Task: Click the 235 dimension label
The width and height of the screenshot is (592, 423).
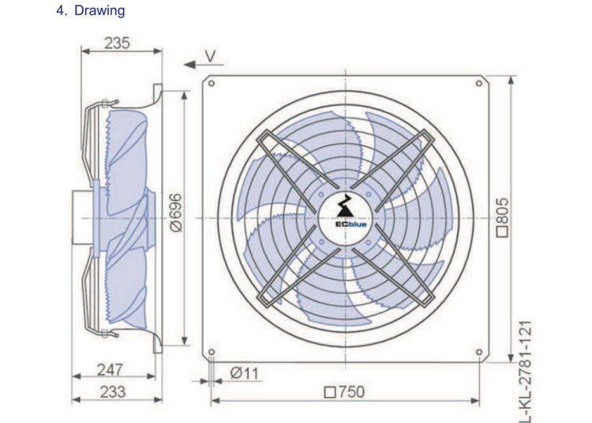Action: click(x=117, y=43)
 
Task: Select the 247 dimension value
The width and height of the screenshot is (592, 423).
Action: click(x=110, y=369)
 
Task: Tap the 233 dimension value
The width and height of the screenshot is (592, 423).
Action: click(x=113, y=391)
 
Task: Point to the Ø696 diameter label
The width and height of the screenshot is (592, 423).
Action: click(x=175, y=213)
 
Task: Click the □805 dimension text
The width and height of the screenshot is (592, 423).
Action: click(x=502, y=217)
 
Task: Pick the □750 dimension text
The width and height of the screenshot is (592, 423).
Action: click(x=345, y=392)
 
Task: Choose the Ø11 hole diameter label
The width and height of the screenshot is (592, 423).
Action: click(x=244, y=373)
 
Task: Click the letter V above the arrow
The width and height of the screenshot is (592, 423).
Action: click(x=211, y=56)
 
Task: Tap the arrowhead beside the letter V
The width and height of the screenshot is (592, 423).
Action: click(x=189, y=65)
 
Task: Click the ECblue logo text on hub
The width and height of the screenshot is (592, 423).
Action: click(x=350, y=225)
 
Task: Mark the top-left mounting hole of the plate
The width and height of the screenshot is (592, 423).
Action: click(x=212, y=83)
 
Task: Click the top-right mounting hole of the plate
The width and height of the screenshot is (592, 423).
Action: click(x=479, y=83)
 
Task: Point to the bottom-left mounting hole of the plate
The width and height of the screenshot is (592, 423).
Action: click(x=212, y=352)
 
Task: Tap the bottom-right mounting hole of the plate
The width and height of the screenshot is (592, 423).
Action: click(x=479, y=352)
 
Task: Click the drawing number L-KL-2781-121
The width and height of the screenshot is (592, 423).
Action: click(x=525, y=371)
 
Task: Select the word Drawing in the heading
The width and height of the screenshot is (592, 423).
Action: click(x=99, y=10)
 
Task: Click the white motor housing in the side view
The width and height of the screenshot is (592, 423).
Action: click(x=82, y=218)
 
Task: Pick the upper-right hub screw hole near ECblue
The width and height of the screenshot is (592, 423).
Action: click(x=368, y=195)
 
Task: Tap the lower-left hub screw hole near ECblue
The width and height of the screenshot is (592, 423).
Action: click(x=322, y=242)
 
